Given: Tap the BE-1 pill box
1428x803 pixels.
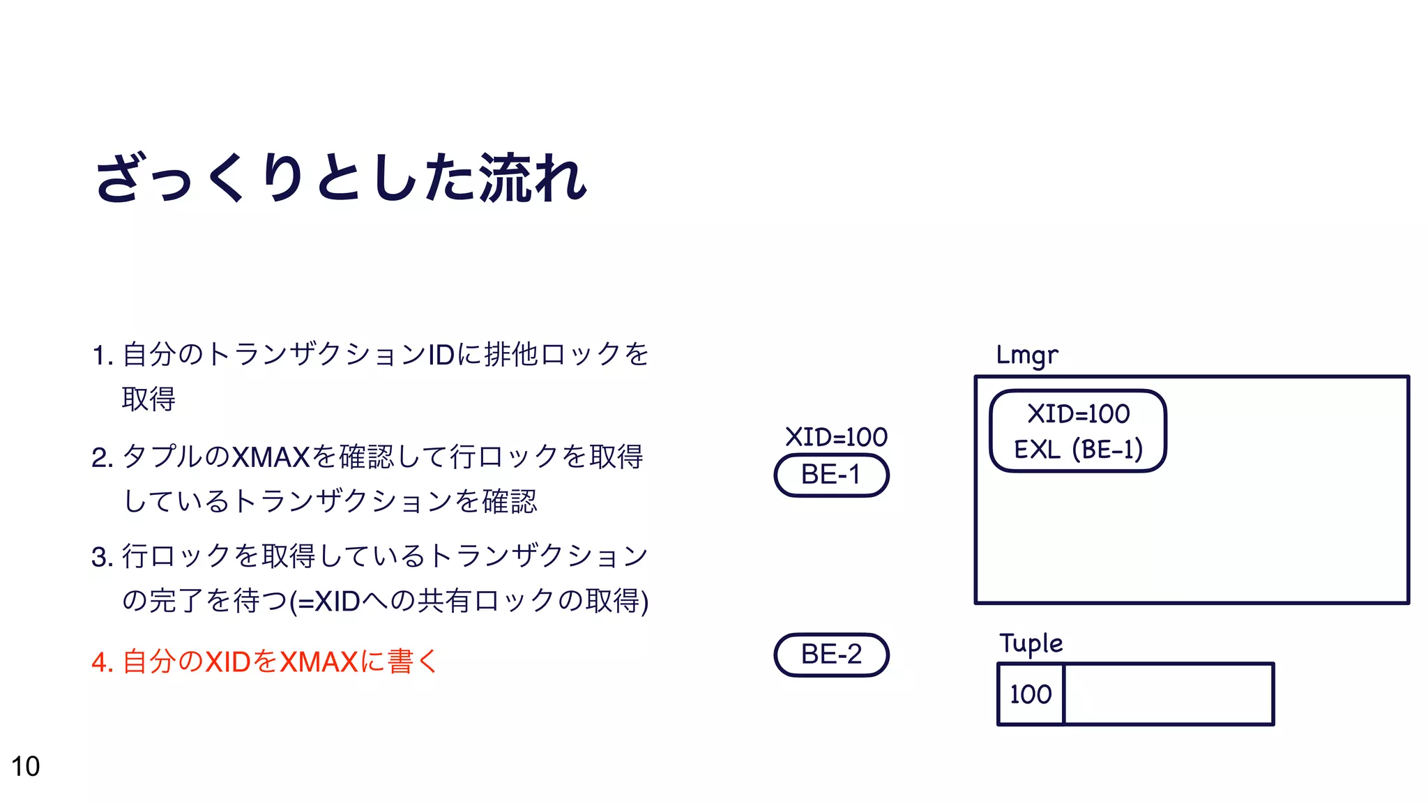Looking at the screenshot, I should pyautogui.click(x=831, y=475).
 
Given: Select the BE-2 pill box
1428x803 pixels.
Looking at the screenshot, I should pyautogui.click(x=831, y=655).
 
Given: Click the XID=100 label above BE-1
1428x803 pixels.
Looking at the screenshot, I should pyautogui.click(x=836, y=437).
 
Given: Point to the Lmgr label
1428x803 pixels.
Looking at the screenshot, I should pyautogui.click(x=1026, y=355).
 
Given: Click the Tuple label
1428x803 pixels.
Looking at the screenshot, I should pyautogui.click(x=1031, y=643).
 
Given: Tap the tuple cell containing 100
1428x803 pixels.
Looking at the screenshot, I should pyautogui.click(x=1031, y=694).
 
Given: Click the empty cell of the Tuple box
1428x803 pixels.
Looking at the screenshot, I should pyautogui.click(x=1169, y=694).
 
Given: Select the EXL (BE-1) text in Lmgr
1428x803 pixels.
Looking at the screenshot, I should pyautogui.click(x=1078, y=450).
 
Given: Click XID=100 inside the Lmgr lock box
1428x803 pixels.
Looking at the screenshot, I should pyautogui.click(x=1078, y=414).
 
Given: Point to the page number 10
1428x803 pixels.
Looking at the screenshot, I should pyautogui.click(x=26, y=767).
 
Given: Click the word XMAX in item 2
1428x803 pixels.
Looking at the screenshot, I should pyautogui.click(x=270, y=457).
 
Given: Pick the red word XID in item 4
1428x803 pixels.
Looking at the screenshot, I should pyautogui.click(x=227, y=661).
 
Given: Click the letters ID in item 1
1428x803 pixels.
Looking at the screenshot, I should pyautogui.click(x=441, y=355).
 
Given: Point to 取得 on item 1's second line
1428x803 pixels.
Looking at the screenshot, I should pyautogui.click(x=149, y=399).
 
